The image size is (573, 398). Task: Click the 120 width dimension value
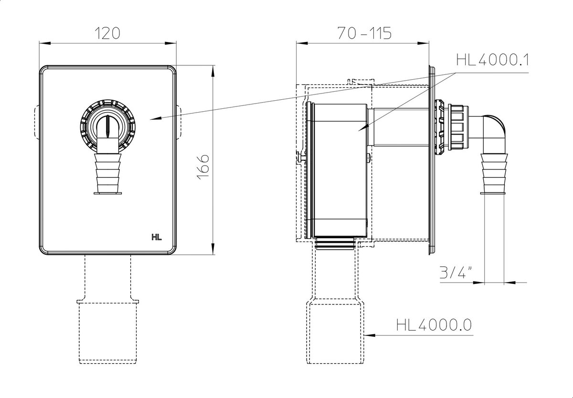(107, 33)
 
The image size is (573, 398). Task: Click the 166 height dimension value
(203, 167)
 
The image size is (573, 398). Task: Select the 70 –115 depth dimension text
(364, 33)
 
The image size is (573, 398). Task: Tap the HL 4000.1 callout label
(492, 60)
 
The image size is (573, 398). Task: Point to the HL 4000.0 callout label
(434, 325)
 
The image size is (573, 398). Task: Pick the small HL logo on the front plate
(157, 238)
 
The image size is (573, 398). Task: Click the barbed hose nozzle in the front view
(108, 174)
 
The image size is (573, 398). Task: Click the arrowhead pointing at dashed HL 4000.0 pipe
(370, 335)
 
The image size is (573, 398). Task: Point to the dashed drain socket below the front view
(108, 332)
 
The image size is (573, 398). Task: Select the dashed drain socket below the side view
(335, 332)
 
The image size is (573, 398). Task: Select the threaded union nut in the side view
(456, 127)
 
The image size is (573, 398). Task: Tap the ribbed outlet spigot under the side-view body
(335, 243)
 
